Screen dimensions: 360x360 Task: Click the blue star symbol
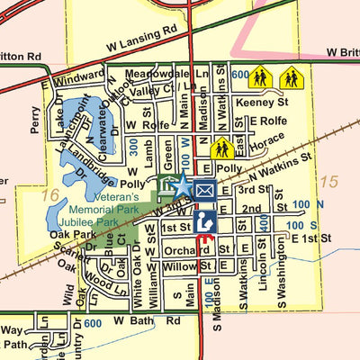(x=181, y=186)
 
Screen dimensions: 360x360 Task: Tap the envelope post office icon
(x=204, y=190)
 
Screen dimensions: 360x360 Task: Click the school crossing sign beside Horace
(x=222, y=146)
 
